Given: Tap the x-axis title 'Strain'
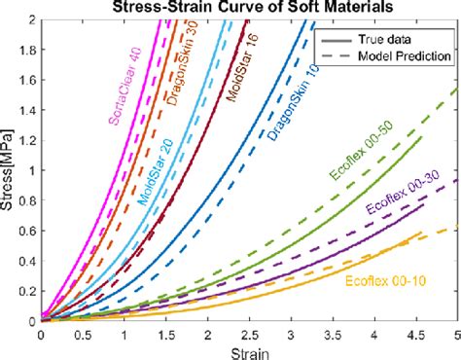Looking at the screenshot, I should click(x=249, y=350).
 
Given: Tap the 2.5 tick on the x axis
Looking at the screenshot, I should click(x=248, y=333).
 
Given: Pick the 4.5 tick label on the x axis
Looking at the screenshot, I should click(x=414, y=333).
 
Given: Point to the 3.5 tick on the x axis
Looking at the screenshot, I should click(x=332, y=333).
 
